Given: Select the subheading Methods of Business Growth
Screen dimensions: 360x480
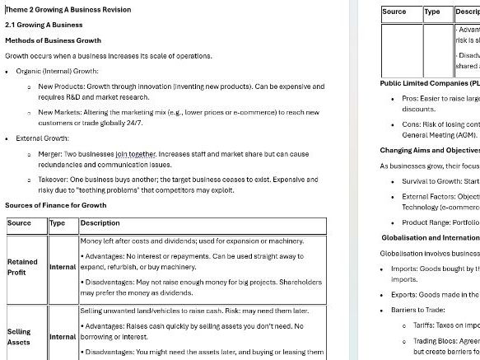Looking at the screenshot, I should point(53,40).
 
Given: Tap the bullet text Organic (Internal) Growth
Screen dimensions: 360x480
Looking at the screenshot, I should point(57,71).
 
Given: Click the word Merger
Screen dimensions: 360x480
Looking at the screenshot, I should point(50,153).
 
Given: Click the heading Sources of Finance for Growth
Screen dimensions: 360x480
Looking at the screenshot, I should point(56,205).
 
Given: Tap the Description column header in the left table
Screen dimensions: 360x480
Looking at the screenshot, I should point(100,223).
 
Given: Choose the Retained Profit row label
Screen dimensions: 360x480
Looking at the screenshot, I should point(22,267).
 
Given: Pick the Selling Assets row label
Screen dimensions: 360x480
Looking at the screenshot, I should point(19,314).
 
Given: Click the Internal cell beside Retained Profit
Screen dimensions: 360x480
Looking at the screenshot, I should point(63,267).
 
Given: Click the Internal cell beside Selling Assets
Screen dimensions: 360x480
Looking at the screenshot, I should point(63,314).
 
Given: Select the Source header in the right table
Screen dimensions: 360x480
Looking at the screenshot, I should point(394,12).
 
